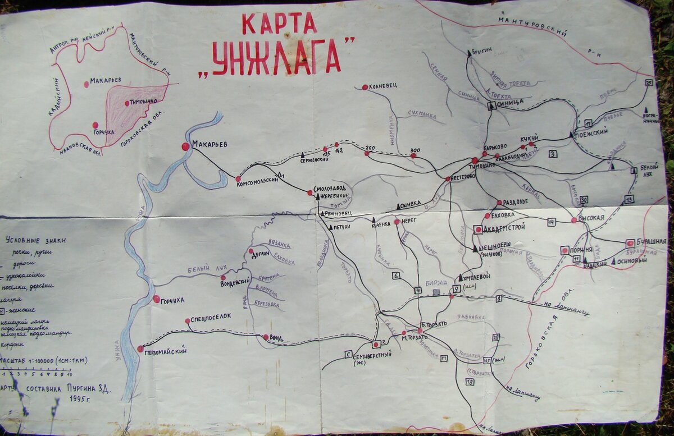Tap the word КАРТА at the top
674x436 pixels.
279,24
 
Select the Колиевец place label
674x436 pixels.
384,86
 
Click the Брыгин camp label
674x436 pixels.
482,51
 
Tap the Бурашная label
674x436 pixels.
652,242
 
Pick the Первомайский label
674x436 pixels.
166,352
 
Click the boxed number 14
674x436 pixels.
551,222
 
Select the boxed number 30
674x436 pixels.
584,200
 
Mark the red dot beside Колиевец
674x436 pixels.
365,87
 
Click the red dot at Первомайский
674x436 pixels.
140,348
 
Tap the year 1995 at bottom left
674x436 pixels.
80,398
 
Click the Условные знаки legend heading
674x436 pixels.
35,240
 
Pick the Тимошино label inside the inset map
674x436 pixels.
144,103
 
